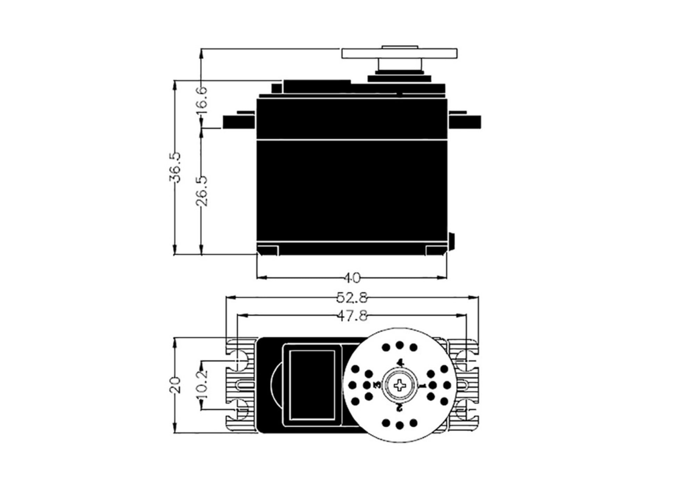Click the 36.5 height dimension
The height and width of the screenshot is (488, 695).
click(175, 167)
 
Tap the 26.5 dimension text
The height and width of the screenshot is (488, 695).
click(203, 191)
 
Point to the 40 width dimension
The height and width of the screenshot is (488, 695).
click(352, 278)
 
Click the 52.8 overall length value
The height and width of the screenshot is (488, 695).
click(352, 298)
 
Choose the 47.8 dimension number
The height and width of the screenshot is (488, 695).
click(352, 316)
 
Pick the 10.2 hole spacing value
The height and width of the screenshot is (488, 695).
click(202, 385)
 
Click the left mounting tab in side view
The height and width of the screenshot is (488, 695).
click(239, 121)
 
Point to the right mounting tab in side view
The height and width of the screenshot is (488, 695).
click(465, 121)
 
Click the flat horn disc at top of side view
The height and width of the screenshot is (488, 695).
click(400, 54)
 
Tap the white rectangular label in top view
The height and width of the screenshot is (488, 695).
click(312, 385)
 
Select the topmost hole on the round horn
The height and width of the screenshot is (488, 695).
click(400, 345)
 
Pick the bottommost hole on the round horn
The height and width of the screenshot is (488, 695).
click(400, 425)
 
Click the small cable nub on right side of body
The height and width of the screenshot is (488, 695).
click(451, 241)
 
